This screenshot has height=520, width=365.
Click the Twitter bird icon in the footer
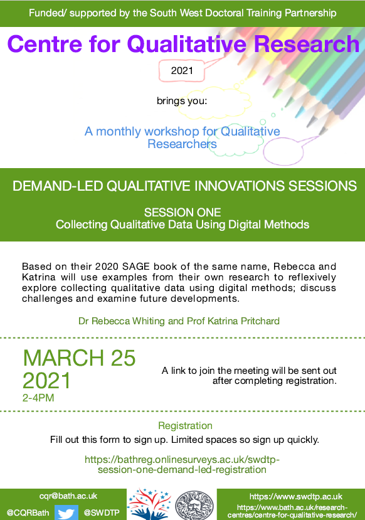(x=66, y=512)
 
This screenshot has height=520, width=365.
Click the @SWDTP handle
(x=102, y=512)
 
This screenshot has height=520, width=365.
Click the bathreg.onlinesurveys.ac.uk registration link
(x=182, y=464)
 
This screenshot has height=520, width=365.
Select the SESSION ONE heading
(x=182, y=212)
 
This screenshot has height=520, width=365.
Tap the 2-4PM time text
(x=39, y=397)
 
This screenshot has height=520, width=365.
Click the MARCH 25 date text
(x=79, y=358)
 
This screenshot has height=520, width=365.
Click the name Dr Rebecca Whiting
(x=130, y=321)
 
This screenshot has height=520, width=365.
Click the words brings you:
(x=182, y=100)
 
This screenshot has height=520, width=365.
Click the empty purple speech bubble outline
(x=285, y=149)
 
